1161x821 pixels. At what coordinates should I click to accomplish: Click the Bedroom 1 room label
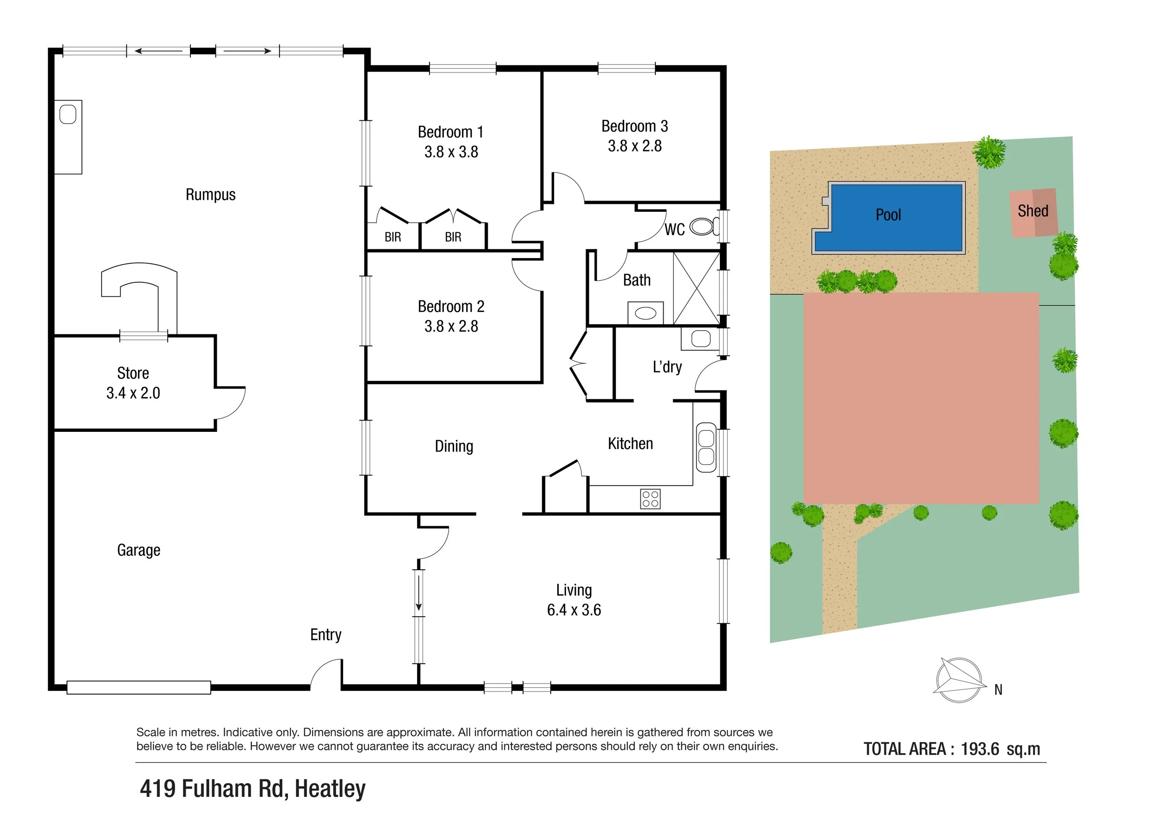pyautogui.click(x=450, y=132)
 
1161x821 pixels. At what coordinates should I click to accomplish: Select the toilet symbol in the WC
pyautogui.click(x=703, y=227)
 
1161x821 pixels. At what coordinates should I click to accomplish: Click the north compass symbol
pyautogui.click(x=958, y=680)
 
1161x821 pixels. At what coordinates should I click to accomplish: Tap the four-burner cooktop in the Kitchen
pyautogui.click(x=650, y=499)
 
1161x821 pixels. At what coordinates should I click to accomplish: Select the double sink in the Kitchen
pyautogui.click(x=706, y=447)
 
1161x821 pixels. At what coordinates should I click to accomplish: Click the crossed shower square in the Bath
pyautogui.click(x=696, y=289)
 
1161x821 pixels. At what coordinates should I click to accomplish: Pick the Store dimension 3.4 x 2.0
pyautogui.click(x=133, y=393)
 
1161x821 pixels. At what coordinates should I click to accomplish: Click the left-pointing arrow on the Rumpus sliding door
pyautogui.click(x=158, y=51)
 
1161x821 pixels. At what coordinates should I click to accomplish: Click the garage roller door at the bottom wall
pyautogui.click(x=138, y=688)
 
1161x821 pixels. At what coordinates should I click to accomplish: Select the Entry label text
pyautogui.click(x=326, y=635)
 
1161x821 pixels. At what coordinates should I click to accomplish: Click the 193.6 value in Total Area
pyautogui.click(x=979, y=749)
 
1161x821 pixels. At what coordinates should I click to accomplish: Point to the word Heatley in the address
pyautogui.click(x=330, y=788)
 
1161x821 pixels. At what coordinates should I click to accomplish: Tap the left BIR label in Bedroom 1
pyautogui.click(x=392, y=237)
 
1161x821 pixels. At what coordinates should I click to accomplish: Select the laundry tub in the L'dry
pyautogui.click(x=700, y=338)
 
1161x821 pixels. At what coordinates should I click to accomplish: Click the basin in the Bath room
pyautogui.click(x=645, y=313)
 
